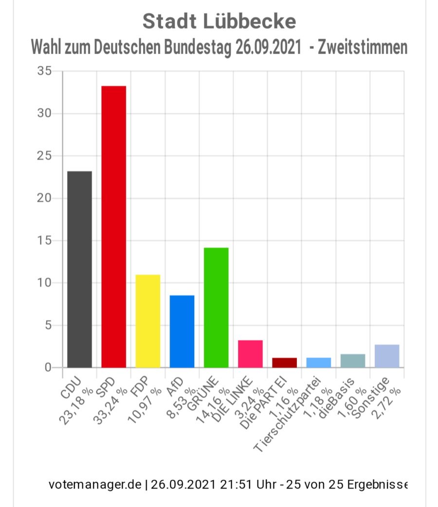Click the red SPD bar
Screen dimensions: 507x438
113,227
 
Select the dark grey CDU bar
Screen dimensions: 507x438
79,269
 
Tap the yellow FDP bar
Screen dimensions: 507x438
147,321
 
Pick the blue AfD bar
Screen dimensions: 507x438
182,331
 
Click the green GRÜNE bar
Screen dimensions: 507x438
216,307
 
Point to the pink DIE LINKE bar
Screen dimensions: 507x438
250,354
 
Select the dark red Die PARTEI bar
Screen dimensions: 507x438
284,363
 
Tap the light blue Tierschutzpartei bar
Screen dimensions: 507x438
318,363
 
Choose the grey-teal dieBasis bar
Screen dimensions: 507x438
353,361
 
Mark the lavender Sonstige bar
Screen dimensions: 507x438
387,356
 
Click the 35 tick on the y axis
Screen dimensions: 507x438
44,71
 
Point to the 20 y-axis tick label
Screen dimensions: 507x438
44,198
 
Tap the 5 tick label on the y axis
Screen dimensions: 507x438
48,325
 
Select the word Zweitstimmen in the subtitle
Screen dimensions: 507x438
363,48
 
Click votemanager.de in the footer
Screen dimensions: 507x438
95,485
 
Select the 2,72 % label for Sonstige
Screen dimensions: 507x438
389,400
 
